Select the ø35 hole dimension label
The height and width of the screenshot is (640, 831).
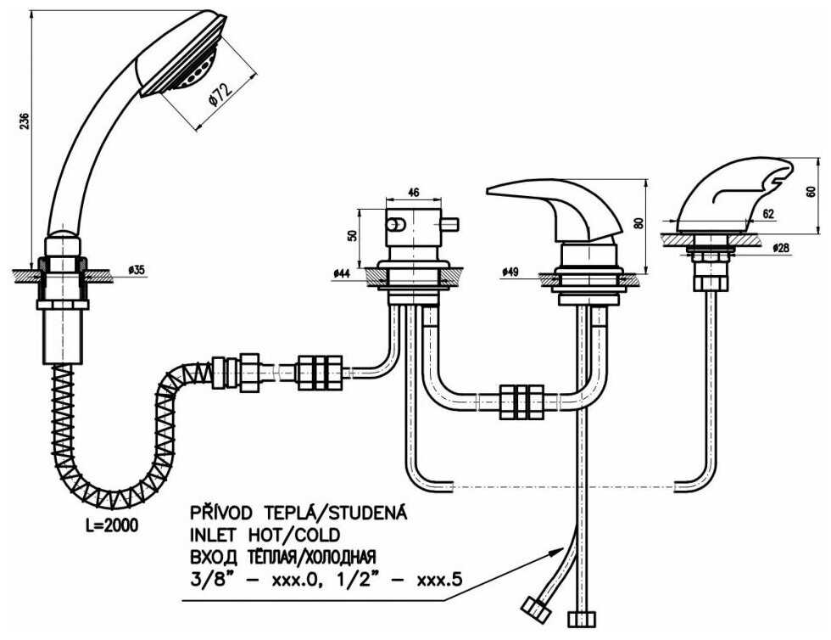pyautogui.click(x=136, y=270)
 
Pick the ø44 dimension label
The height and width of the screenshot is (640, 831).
pyautogui.click(x=343, y=272)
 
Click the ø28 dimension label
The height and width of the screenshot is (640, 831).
pyautogui.click(x=781, y=247)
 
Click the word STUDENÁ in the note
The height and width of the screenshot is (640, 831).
pyautogui.click(x=371, y=514)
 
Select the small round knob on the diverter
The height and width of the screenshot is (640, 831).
pyautogui.click(x=394, y=224)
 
